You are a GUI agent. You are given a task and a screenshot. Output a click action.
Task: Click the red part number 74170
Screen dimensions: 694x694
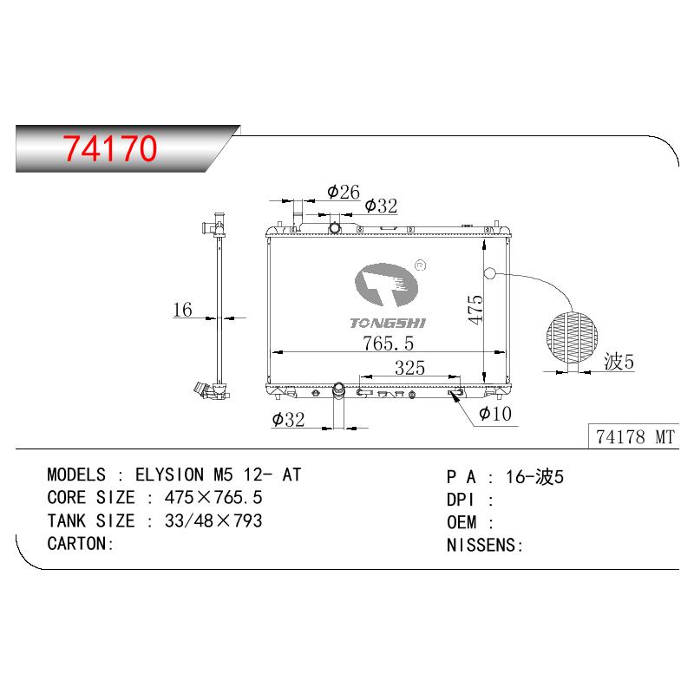pyautogui.click(x=110, y=147)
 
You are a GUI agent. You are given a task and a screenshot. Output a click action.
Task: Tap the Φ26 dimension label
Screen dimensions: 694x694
pyautogui.click(x=344, y=192)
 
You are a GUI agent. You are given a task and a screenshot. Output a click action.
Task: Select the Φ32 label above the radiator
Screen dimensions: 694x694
pyautogui.click(x=381, y=206)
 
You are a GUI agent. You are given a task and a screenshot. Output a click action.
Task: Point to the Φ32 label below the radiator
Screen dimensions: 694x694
pyautogui.click(x=288, y=420)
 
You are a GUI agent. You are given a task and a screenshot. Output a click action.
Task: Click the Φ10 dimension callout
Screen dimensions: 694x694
pyautogui.click(x=495, y=414)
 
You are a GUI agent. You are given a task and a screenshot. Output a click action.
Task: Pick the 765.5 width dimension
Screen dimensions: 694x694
pyautogui.click(x=388, y=343)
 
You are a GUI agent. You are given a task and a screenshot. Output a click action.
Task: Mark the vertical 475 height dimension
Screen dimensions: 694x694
pyautogui.click(x=476, y=310)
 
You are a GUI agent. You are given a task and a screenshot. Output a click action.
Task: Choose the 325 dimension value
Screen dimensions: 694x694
pyautogui.click(x=409, y=368)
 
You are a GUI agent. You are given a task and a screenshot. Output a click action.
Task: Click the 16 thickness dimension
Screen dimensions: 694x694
pyautogui.click(x=182, y=310)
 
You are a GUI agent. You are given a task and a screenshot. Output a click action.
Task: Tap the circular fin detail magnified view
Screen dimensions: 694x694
pyautogui.click(x=573, y=337)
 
